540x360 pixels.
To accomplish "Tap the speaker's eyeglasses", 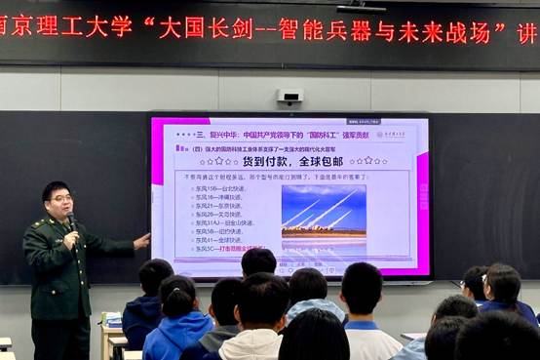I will point(60,198).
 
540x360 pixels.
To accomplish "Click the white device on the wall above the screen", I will point(289,97).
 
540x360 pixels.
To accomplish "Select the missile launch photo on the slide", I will point(324,212).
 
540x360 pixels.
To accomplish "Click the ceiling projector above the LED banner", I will point(362,7).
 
